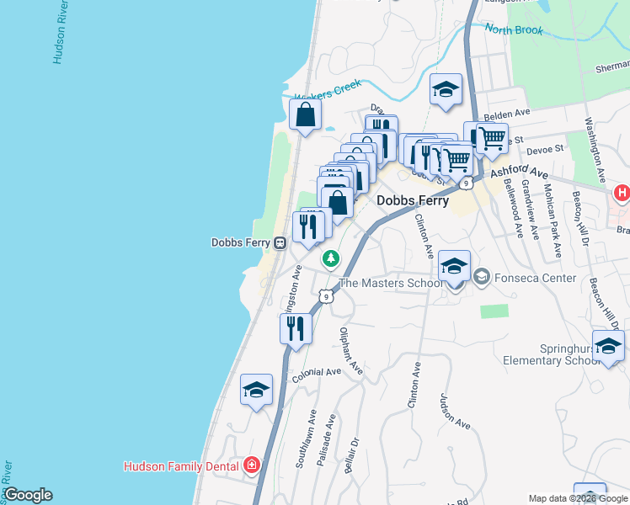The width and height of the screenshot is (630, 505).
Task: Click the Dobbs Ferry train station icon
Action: pyautogui.click(x=279, y=242)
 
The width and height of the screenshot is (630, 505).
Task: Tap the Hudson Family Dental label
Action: pyautogui.click(x=181, y=465)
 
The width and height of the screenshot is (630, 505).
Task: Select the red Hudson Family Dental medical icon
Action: pyautogui.click(x=250, y=465)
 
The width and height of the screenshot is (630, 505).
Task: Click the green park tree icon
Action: pyautogui.click(x=332, y=258)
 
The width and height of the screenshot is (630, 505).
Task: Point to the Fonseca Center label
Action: pyautogui.click(x=535, y=278)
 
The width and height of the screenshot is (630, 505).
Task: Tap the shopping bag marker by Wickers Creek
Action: pyautogui.click(x=305, y=115)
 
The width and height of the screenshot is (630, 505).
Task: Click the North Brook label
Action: pyautogui.click(x=510, y=30)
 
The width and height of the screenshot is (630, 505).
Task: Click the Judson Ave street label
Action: pyautogui.click(x=454, y=411)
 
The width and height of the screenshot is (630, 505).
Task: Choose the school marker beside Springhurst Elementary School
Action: pyautogui.click(x=608, y=346)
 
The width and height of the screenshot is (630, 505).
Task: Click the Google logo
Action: pyautogui.click(x=27, y=495)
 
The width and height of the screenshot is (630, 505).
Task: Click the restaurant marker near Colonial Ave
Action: pyautogui.click(x=295, y=328)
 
